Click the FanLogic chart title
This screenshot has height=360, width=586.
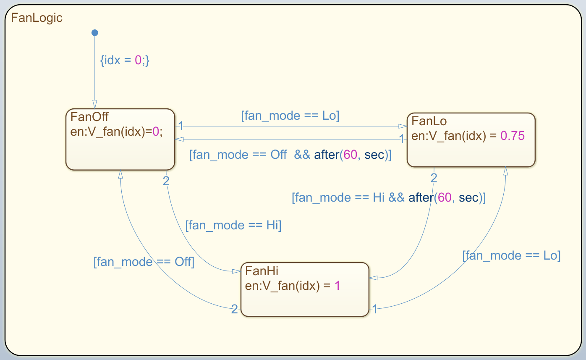coord(37,18)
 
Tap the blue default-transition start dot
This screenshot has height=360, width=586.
coord(95,33)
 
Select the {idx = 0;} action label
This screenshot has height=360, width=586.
coord(125,60)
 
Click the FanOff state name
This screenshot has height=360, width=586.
coord(90,116)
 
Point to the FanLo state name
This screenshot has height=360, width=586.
coord(429,121)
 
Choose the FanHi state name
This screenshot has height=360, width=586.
coord(262,270)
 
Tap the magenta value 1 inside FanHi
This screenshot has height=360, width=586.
coord(337,286)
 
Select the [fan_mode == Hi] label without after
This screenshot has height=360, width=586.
coord(233,226)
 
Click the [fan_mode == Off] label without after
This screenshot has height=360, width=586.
coord(144,262)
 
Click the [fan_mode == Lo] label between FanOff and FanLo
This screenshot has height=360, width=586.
coord(290,116)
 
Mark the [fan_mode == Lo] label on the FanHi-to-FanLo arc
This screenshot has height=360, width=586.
coord(511,255)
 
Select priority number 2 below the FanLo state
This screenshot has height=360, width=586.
coord(434,178)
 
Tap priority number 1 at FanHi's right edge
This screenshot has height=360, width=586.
coord(374,310)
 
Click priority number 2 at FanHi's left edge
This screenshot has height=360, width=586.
coord(235,310)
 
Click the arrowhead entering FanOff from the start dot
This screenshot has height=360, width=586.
coord(95,105)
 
